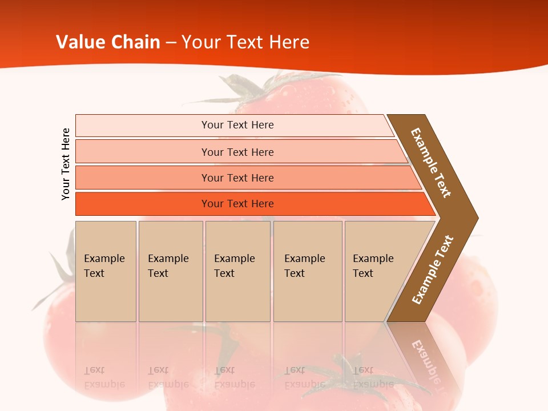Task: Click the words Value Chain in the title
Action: point(108,42)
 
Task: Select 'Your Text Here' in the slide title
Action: point(245,42)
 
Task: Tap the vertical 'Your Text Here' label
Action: point(66,164)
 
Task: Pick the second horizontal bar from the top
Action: point(237,152)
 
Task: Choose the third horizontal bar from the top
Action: point(237,178)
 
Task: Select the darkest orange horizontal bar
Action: point(237,204)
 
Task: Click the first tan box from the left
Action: point(106,271)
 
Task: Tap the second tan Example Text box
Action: point(171,271)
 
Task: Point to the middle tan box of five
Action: point(237,271)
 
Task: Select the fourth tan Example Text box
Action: point(308,271)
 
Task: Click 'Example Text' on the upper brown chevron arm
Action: point(431,163)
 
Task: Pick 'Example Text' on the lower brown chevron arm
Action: point(433,270)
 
